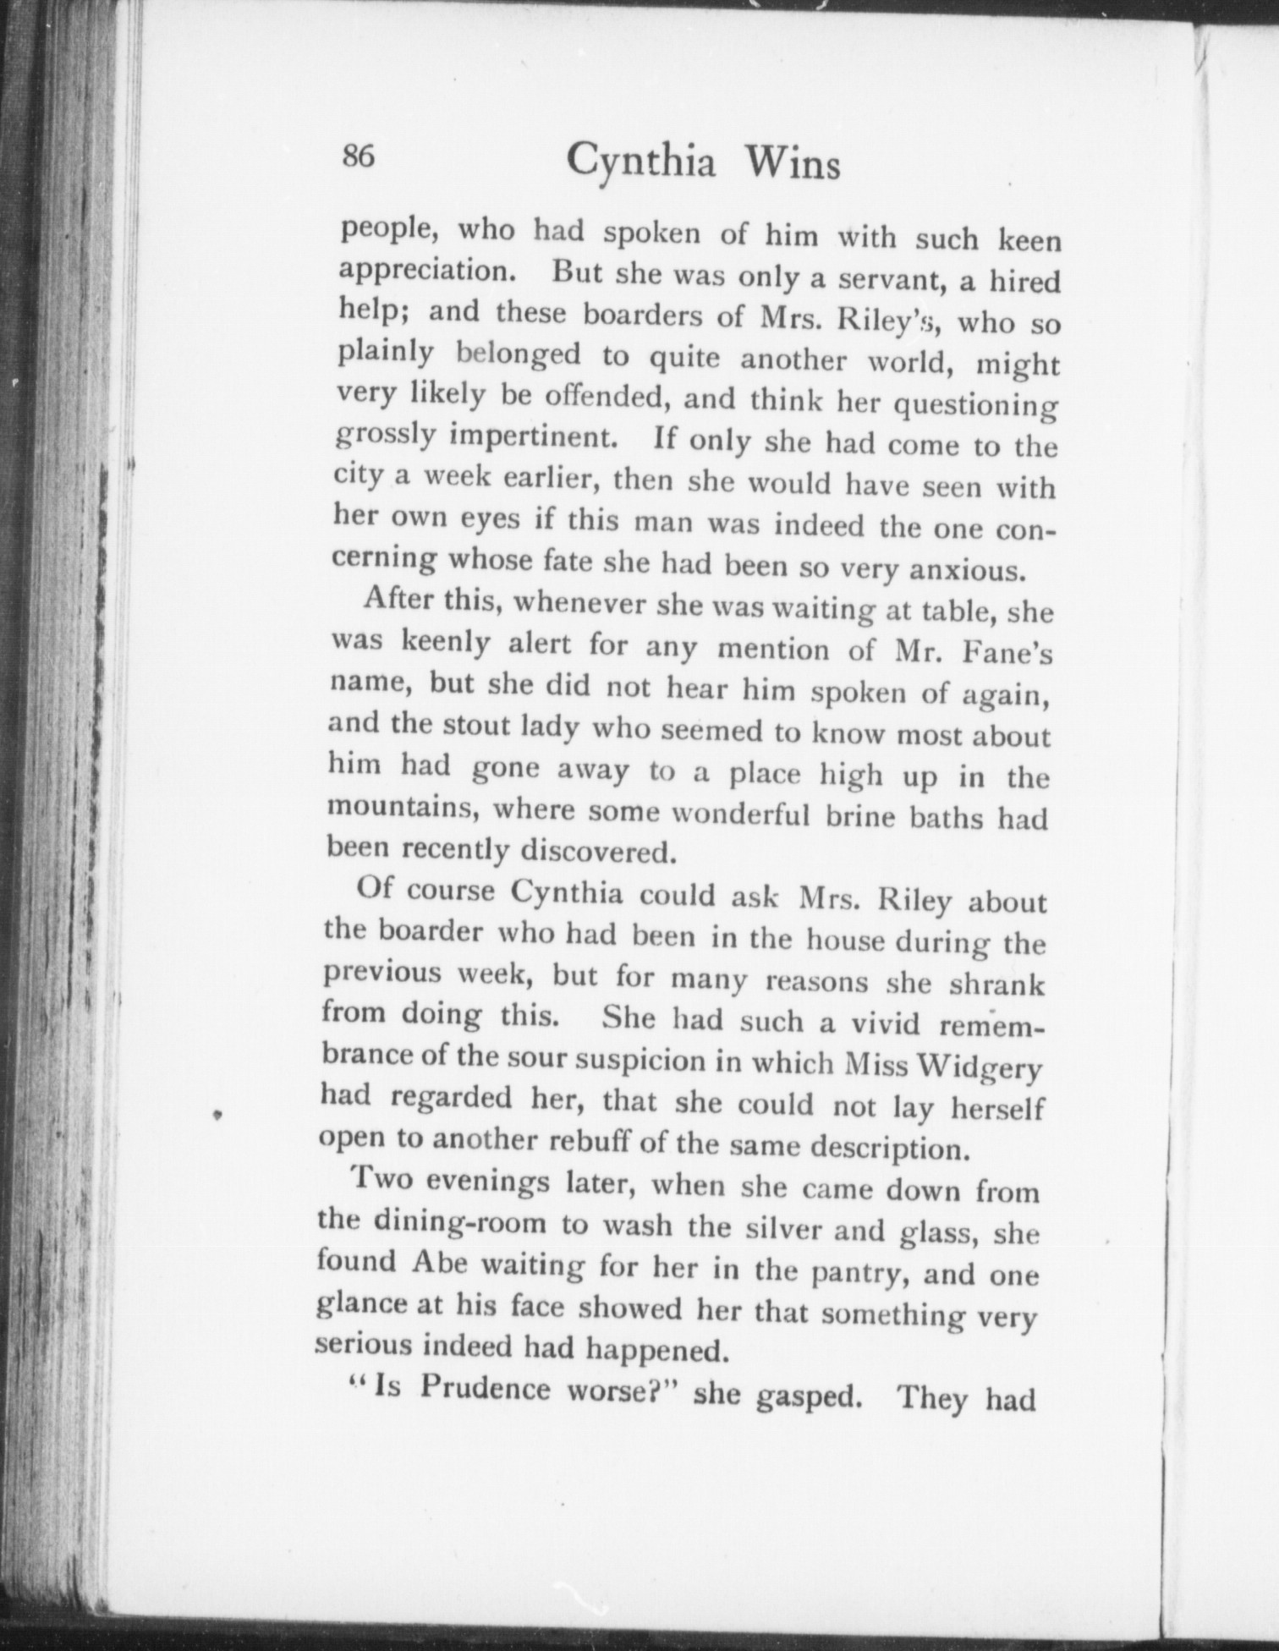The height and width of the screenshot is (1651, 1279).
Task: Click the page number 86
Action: coord(357,157)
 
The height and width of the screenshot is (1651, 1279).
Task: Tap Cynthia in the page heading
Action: coord(641,161)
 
